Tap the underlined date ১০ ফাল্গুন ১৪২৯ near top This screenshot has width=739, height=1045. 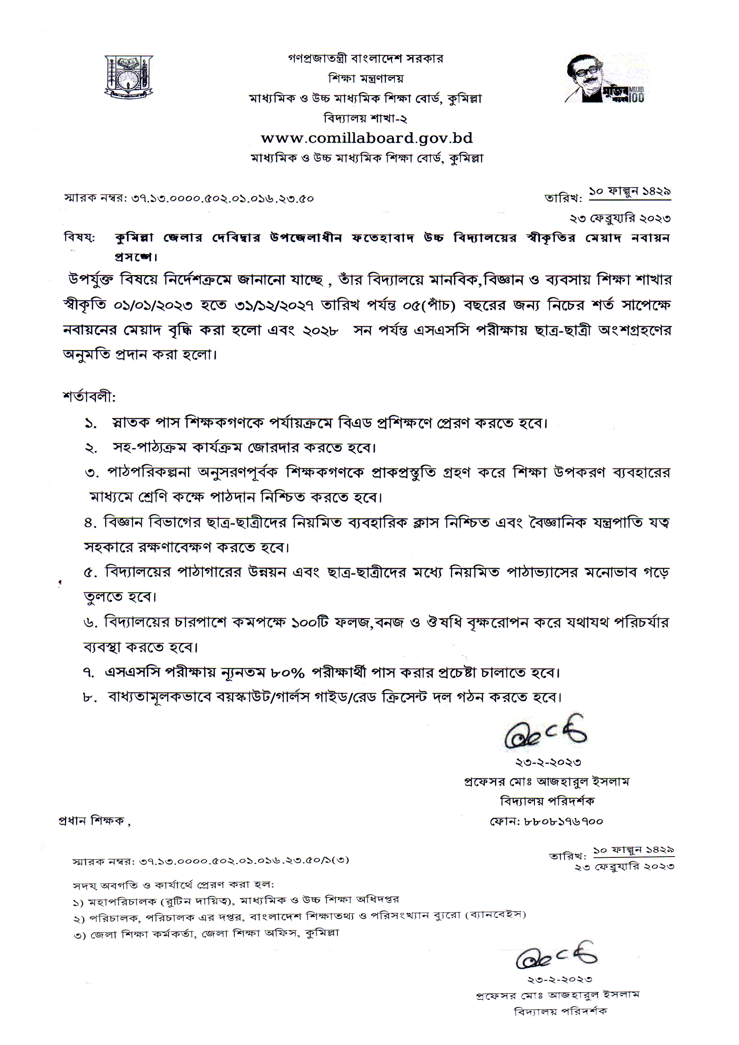coord(630,192)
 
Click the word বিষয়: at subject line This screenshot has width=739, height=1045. coord(79,238)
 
